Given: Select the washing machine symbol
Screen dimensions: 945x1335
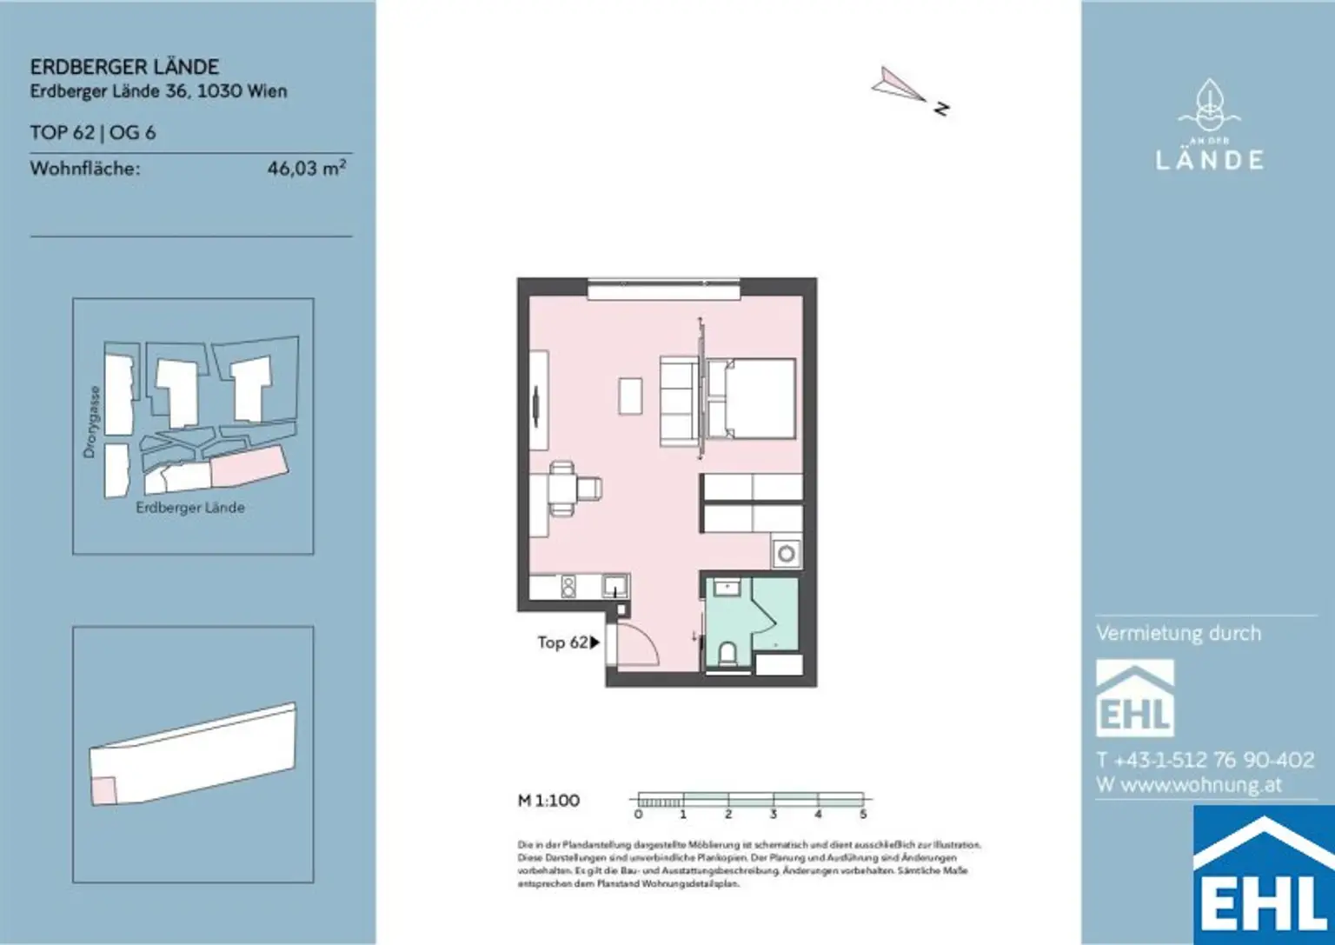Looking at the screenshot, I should coord(787,554).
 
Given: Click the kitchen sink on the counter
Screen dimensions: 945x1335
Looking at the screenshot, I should coord(615,586).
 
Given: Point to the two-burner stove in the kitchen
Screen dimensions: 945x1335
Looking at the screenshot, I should coord(568,587).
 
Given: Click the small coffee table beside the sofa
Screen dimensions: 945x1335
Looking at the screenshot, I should coord(631,396).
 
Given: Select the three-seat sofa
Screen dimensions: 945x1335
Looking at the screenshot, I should coord(679,398).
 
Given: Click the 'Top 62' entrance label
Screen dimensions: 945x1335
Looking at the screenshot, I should coord(562,642).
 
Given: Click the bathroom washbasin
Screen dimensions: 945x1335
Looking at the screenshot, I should coord(727,589).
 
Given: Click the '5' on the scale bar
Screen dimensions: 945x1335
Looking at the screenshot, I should coord(863,815).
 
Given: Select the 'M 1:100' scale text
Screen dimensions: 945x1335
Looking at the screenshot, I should coord(548,801).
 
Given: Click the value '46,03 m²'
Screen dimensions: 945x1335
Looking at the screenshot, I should coord(306,169).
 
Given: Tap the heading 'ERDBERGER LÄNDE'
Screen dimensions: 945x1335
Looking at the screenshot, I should coord(124,67).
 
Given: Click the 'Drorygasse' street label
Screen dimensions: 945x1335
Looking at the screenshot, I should coord(91,422).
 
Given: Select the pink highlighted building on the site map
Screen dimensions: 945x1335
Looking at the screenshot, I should coord(249,467).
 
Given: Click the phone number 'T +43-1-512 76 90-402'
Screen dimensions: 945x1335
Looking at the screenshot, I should coord(1205,760).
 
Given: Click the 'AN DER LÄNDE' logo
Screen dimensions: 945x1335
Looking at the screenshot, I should coord(1209,126).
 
